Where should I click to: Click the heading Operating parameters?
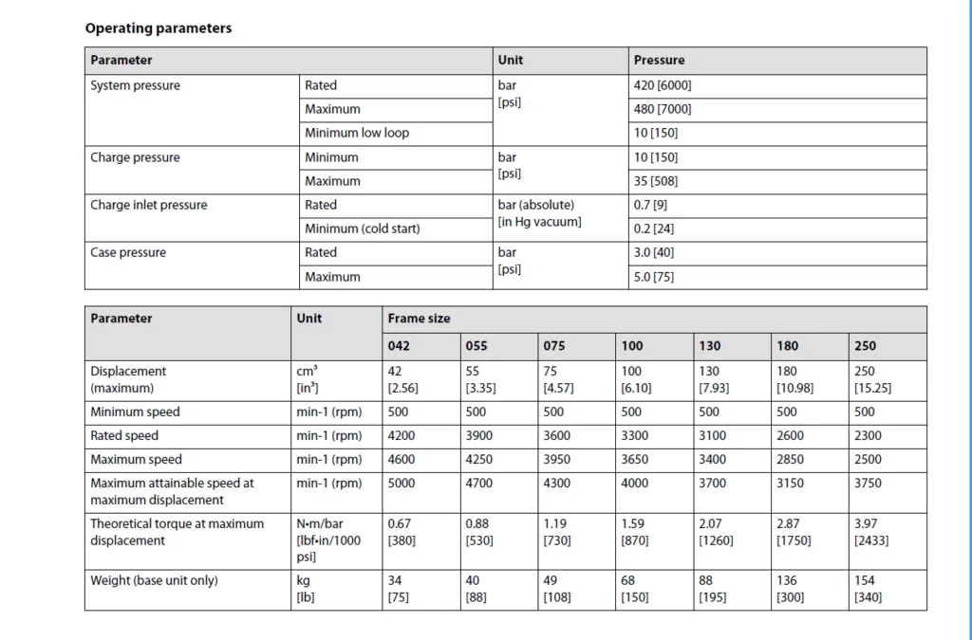click(159, 28)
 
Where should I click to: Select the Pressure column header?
click(659, 61)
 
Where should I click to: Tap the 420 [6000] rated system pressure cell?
click(669, 85)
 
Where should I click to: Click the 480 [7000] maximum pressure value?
click(669, 109)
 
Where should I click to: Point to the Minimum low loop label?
click(357, 133)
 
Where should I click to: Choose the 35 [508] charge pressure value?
click(656, 181)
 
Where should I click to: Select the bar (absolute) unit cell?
click(536, 205)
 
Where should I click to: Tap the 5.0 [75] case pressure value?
click(654, 277)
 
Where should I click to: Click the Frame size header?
click(419, 319)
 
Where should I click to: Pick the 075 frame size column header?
click(554, 346)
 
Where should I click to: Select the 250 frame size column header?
click(865, 346)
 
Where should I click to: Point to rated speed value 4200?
click(402, 436)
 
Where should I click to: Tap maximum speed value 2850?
click(790, 460)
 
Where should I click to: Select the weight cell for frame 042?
click(399, 589)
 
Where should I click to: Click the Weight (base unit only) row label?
click(154, 580)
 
